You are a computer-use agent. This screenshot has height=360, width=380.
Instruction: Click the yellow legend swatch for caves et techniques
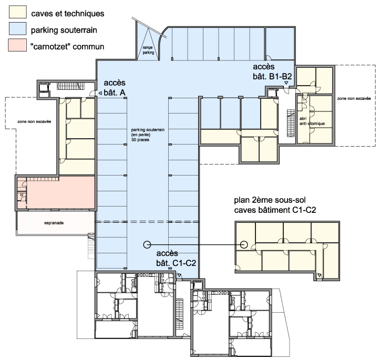click(18, 12)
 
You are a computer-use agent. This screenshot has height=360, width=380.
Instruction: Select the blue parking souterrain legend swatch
click(18, 28)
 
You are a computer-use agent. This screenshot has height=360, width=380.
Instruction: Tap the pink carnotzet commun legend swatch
click(17, 45)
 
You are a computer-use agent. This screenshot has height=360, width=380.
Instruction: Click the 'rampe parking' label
click(148, 50)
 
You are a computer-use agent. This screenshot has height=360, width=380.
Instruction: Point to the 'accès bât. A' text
click(115, 87)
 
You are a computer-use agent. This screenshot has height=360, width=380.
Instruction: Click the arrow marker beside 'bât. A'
click(100, 93)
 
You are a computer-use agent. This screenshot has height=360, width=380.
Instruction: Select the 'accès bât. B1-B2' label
click(272, 71)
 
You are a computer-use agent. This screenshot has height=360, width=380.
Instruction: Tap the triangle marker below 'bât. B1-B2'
click(286, 83)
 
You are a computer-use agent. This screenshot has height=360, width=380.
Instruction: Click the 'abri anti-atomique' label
click(312, 121)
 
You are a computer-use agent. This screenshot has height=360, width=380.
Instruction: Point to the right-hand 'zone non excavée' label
click(354, 98)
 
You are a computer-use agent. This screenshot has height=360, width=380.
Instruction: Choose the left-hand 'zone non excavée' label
click(34, 121)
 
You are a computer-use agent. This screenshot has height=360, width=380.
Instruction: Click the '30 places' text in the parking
click(140, 140)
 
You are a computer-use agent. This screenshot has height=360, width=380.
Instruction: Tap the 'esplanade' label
click(54, 223)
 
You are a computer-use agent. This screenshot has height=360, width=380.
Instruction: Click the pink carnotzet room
click(60, 192)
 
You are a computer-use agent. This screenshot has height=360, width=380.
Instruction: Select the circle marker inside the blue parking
click(147, 245)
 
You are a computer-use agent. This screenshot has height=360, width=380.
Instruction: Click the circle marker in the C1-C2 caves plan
click(244, 245)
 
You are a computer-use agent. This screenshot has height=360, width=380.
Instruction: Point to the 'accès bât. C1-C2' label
click(176, 258)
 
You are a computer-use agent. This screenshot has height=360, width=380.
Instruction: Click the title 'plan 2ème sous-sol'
click(270, 200)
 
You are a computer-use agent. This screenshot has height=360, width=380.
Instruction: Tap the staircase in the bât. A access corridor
click(70, 86)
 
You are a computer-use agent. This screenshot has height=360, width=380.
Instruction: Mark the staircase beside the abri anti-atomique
click(291, 123)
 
